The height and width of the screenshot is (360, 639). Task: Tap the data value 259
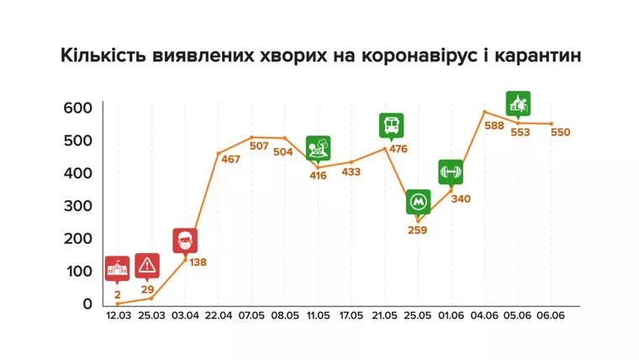coord(418,230)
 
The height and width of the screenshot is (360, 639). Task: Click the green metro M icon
coord(418,202)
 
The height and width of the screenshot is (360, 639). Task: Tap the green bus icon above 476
coord(391,125)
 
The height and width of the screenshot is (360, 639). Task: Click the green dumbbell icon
coord(451,172)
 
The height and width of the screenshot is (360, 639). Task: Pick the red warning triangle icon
coord(148,265)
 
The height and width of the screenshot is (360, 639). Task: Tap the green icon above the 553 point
coord(519,103)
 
